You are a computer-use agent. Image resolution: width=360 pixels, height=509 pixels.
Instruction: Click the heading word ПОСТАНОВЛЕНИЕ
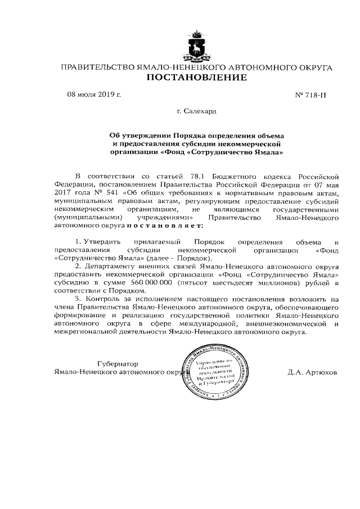pos(196,78)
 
